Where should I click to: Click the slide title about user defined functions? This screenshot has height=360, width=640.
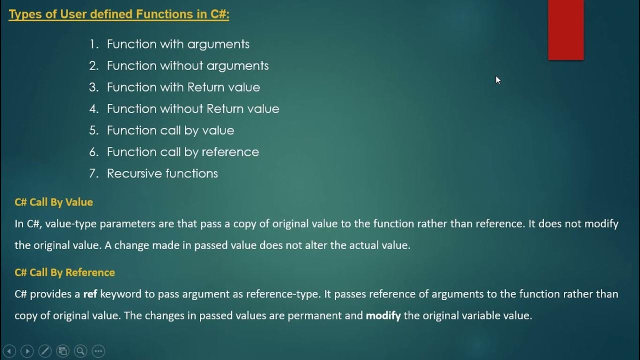tap(119, 14)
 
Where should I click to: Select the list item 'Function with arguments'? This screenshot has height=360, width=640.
tap(178, 44)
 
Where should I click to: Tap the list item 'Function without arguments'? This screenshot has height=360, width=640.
tap(187, 65)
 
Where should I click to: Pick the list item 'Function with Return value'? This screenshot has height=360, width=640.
tap(183, 87)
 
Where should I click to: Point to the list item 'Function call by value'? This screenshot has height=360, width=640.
tap(170, 130)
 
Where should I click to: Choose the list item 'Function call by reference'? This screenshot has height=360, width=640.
tap(183, 152)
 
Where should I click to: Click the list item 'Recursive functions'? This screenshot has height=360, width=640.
tap(162, 173)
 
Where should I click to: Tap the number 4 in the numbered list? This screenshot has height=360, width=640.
tap(93, 109)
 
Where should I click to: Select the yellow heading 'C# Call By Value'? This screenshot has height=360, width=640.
tap(54, 202)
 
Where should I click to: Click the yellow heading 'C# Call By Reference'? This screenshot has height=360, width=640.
tap(65, 272)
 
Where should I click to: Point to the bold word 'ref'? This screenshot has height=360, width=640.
tap(90, 294)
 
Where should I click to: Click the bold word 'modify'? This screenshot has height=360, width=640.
tap(383, 315)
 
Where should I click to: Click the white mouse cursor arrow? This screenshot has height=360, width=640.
tap(498, 80)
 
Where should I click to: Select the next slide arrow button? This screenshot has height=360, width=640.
tap(27, 351)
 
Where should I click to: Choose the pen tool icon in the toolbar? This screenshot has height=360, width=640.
tap(44, 351)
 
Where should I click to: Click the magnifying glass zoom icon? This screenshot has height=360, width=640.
tap(80, 351)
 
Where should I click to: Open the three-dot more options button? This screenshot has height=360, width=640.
tap(98, 351)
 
